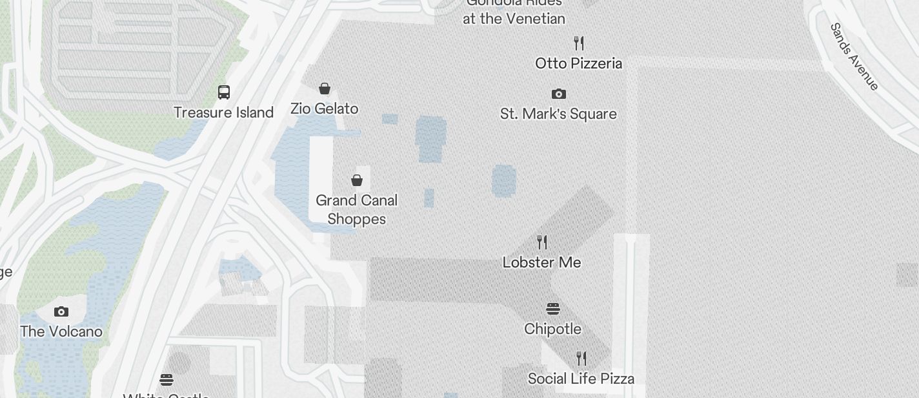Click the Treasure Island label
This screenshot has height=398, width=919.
[x=223, y=112]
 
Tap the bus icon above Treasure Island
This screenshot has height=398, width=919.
[x=224, y=92]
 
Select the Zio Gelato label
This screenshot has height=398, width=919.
[x=324, y=109]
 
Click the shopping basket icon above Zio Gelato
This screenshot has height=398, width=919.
[x=325, y=89]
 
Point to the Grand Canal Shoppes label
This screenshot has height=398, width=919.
[x=356, y=209]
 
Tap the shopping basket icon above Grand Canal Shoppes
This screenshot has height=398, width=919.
[x=357, y=180]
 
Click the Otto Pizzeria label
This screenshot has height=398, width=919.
[x=578, y=63]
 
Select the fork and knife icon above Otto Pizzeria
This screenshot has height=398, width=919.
[x=579, y=43]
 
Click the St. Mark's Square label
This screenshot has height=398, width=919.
[x=558, y=114]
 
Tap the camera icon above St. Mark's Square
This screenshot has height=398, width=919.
[x=559, y=94]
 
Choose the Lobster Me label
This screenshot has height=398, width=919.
[x=541, y=262]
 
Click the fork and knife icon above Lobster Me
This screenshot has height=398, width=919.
[x=542, y=242]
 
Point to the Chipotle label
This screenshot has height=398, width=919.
[x=552, y=329]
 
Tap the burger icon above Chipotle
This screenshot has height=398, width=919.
[x=553, y=309]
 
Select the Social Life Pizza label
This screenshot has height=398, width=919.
[x=581, y=379]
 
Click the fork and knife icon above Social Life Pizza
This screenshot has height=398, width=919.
[x=581, y=359]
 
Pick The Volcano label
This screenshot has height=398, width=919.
[x=61, y=331]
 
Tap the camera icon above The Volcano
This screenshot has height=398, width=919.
[x=61, y=312]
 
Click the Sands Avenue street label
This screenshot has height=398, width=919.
[x=854, y=57]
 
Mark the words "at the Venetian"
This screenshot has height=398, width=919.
[x=514, y=19]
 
